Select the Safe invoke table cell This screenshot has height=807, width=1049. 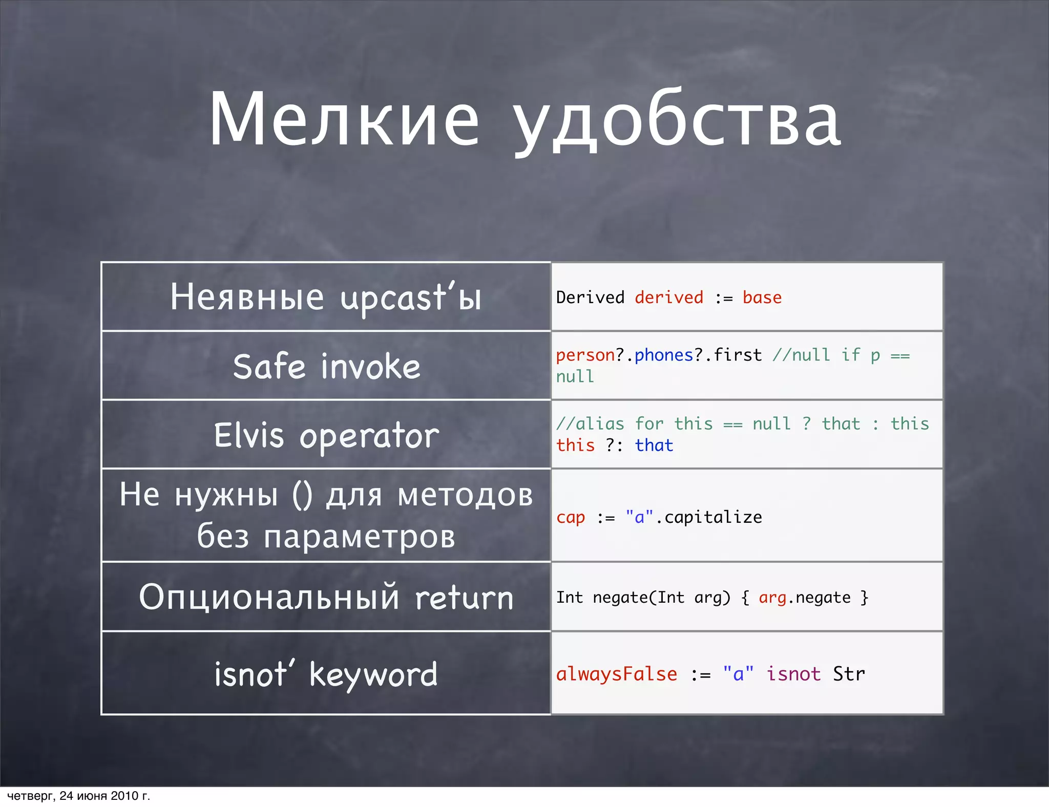(x=326, y=366)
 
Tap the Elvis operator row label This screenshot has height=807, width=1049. (x=326, y=435)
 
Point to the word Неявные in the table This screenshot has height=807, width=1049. (x=247, y=297)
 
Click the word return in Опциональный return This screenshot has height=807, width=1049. (x=464, y=598)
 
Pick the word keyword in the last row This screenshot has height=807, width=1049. (x=373, y=675)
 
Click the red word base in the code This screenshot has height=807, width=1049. (x=762, y=298)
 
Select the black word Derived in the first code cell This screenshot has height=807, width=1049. (x=590, y=298)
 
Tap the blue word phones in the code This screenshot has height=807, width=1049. (x=664, y=355)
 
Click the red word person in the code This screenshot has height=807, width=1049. (x=585, y=355)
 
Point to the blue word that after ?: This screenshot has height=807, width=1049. (x=654, y=445)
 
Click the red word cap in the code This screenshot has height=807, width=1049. (x=571, y=517)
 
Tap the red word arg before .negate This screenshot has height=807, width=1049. (x=772, y=598)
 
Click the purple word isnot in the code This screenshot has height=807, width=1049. (x=793, y=674)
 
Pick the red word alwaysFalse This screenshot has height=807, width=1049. (x=617, y=674)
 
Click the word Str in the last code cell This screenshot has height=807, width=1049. (x=849, y=674)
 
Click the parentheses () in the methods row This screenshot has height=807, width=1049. (x=302, y=495)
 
